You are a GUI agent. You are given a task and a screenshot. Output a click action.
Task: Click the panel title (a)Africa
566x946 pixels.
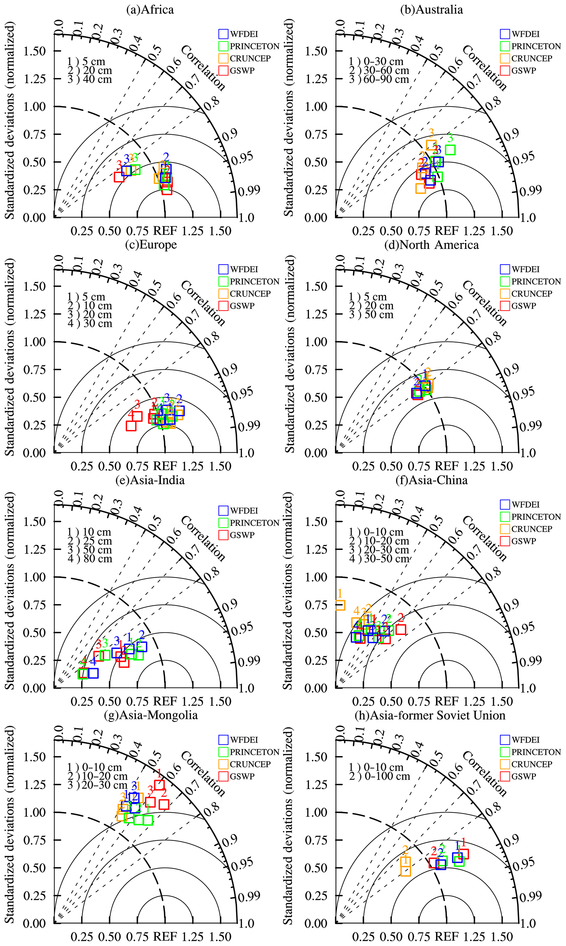[x=150, y=10]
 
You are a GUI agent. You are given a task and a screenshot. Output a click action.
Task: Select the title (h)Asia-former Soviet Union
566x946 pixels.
[x=430, y=715]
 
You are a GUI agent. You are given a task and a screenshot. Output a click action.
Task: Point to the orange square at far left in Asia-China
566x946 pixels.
[x=340, y=604]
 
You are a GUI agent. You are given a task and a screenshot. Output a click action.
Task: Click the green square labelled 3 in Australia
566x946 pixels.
[x=450, y=150]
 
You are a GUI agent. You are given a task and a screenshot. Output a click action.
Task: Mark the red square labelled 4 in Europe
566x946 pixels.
[x=131, y=425]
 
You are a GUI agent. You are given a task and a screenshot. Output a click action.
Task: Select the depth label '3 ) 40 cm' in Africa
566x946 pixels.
[x=90, y=79]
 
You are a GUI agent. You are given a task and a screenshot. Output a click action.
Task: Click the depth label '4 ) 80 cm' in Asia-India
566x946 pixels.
[x=90, y=559]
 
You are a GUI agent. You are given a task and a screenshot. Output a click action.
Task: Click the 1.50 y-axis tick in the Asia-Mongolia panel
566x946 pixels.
[x=34, y=757]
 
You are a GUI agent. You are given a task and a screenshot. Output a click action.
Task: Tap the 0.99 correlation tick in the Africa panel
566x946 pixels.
[x=249, y=190]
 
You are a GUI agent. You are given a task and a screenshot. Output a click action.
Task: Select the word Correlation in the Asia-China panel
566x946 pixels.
[x=484, y=538]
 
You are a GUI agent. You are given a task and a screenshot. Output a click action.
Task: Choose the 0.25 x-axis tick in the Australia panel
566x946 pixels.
[x=363, y=231]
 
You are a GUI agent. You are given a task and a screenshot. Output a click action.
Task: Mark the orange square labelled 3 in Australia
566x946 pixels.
[x=431, y=145]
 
